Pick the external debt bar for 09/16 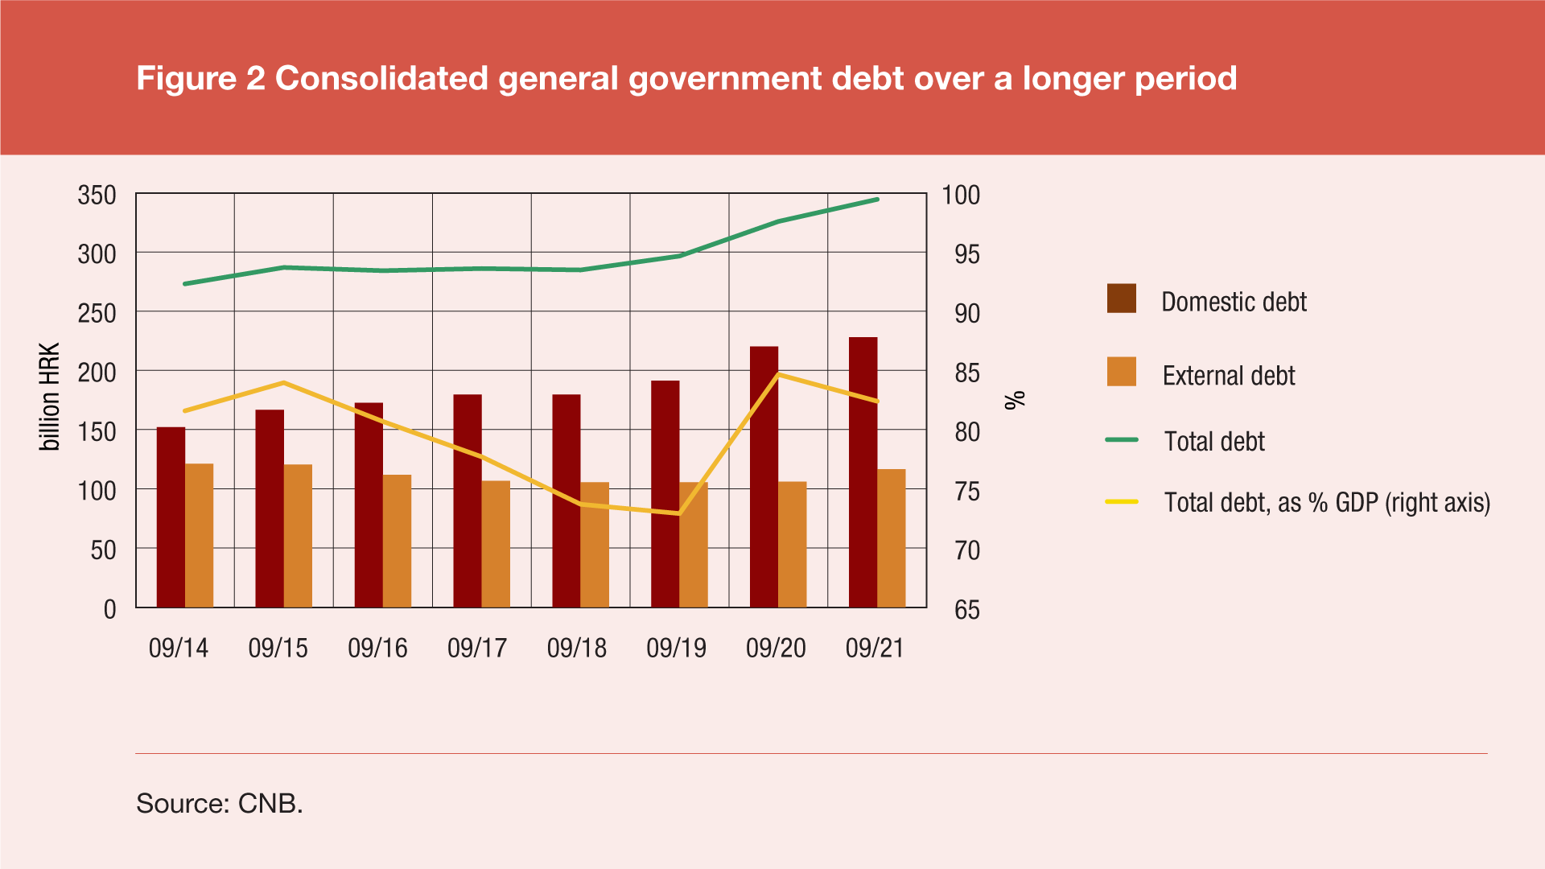(397, 541)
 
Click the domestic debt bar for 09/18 (566, 500)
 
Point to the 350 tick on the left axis (97, 196)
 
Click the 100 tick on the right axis (961, 196)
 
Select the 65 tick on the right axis (967, 610)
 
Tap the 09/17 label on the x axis (477, 649)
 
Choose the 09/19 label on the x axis (676, 649)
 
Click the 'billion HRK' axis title (50, 397)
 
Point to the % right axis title (1016, 399)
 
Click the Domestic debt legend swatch (1121, 299)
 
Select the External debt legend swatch (1121, 372)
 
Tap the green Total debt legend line (1122, 440)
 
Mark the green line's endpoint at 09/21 (877, 200)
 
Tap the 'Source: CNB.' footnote (220, 803)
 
